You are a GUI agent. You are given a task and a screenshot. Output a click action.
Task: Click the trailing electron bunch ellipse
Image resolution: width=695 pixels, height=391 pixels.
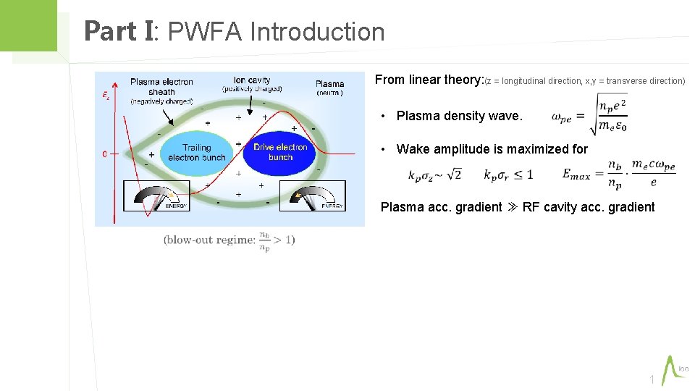[x=196, y=153]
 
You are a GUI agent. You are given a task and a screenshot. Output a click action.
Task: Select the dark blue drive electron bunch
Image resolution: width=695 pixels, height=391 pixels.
[x=281, y=153]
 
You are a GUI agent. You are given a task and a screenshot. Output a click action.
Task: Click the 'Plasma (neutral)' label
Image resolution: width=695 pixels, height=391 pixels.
[x=330, y=88]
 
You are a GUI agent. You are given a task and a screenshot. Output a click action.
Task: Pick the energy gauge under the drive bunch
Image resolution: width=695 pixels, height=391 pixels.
[x=313, y=195]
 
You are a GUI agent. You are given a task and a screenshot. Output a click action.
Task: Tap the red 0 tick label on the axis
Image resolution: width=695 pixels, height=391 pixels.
[x=105, y=154]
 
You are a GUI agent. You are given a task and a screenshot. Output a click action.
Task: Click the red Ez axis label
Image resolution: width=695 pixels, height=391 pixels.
[x=106, y=95]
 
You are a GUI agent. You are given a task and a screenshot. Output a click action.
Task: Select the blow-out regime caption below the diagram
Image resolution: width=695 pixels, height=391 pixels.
[x=229, y=240]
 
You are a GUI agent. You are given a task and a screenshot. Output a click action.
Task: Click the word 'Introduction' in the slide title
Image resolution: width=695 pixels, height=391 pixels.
[x=317, y=32]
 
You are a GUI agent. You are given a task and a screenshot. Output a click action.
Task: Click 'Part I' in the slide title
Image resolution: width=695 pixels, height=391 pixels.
[x=119, y=32]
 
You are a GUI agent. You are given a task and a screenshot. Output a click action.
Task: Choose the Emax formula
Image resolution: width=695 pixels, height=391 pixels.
[x=618, y=174]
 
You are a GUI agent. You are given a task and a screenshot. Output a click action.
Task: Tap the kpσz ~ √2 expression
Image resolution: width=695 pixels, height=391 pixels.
[x=434, y=175]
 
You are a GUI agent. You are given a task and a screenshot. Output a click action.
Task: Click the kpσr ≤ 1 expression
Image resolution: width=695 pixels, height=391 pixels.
[x=507, y=175]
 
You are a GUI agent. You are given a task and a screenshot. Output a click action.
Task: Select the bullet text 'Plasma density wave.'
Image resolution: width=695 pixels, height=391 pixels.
[x=459, y=116]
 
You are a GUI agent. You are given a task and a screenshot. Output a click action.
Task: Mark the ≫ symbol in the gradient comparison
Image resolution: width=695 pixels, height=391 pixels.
[x=512, y=208]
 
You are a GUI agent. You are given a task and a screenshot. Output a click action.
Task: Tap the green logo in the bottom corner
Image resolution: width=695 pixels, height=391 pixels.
[x=675, y=369]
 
